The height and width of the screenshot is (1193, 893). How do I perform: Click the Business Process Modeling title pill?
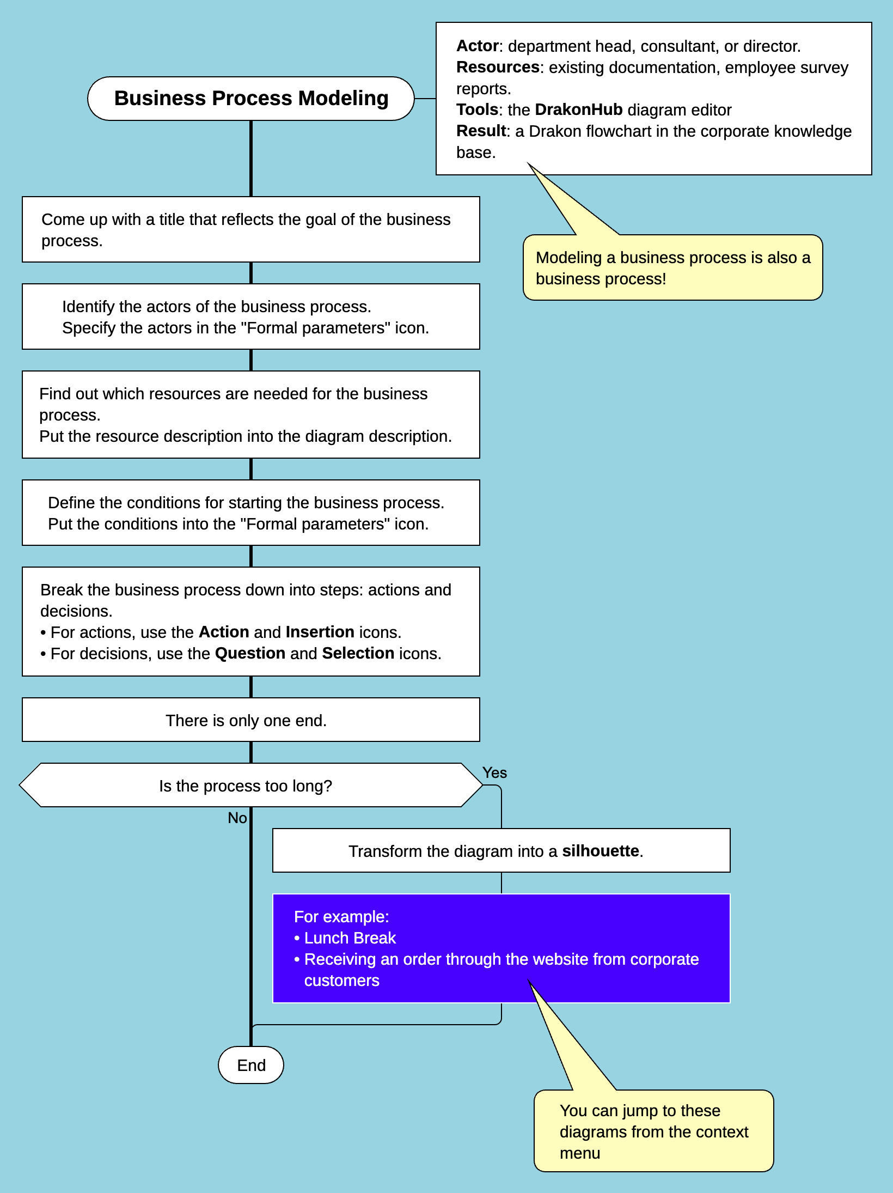click(251, 99)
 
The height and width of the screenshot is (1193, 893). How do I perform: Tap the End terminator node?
click(251, 1065)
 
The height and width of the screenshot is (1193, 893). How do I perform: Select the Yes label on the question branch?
click(494, 772)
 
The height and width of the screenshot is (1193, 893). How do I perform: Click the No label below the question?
click(237, 818)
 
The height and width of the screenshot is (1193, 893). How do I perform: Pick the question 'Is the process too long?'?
click(246, 786)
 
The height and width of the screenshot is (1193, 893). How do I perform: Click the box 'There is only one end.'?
click(246, 720)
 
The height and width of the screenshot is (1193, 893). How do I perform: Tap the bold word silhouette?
click(600, 851)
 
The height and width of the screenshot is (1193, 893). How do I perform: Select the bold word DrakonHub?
click(578, 109)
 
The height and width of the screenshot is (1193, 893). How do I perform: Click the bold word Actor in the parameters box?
click(478, 46)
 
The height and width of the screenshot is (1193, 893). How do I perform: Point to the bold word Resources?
click(497, 67)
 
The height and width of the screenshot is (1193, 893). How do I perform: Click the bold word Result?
click(481, 131)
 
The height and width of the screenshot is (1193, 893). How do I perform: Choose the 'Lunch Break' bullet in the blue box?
click(350, 938)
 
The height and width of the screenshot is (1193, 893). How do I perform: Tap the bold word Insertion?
click(320, 632)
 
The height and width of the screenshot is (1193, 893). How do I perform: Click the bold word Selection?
click(358, 653)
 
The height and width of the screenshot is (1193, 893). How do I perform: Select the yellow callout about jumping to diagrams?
click(653, 1131)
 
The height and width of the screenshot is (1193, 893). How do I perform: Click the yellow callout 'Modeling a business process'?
click(672, 268)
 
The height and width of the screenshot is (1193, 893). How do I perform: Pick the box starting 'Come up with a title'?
click(250, 229)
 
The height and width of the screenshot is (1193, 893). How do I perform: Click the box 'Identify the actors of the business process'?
click(250, 316)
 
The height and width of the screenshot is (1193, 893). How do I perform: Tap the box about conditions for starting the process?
click(250, 513)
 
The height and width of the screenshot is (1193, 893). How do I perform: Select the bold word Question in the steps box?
click(250, 653)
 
